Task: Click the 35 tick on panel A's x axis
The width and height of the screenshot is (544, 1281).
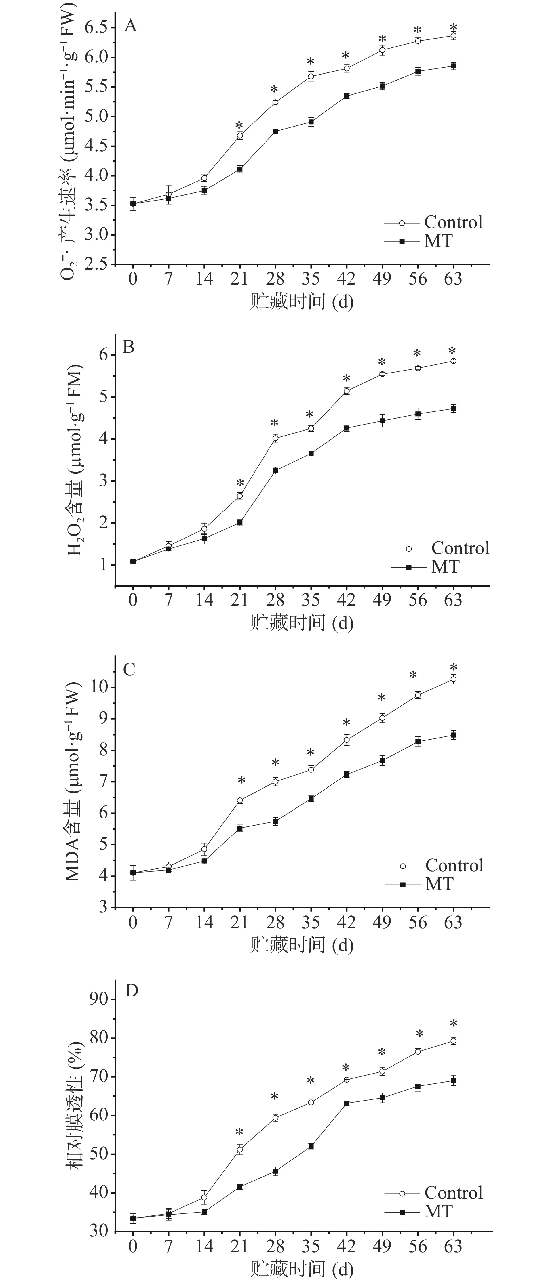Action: click(x=311, y=278)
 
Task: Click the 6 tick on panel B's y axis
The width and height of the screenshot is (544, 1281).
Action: click(x=103, y=355)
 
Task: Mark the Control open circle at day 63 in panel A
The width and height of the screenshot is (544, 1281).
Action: click(x=453, y=36)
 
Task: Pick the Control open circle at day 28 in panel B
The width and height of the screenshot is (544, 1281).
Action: click(x=275, y=438)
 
